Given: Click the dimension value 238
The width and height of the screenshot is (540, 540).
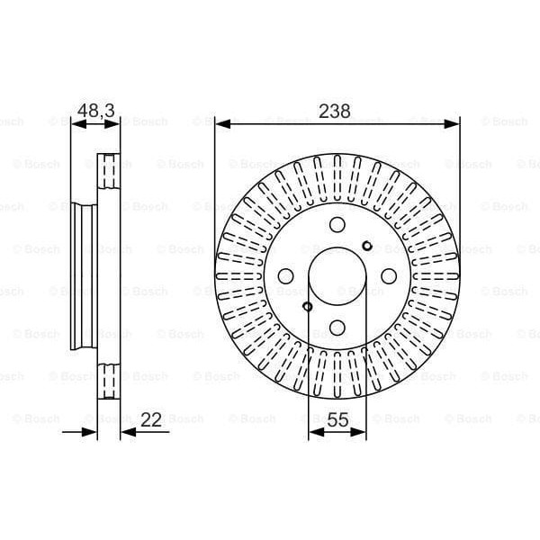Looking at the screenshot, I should point(335,112).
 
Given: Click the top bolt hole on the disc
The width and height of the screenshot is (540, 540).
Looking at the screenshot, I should point(337,225).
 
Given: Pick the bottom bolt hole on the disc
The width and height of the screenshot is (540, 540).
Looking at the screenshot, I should point(337,327).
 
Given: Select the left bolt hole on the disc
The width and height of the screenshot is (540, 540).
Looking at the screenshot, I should point(286,276).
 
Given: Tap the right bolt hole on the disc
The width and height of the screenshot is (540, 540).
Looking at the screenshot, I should point(389,276).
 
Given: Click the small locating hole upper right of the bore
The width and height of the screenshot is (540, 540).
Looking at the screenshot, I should point(366,246).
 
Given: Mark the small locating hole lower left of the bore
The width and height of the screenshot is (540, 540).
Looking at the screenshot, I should point(308,307).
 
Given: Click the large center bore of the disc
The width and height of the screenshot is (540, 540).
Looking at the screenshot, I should point(337,276).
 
